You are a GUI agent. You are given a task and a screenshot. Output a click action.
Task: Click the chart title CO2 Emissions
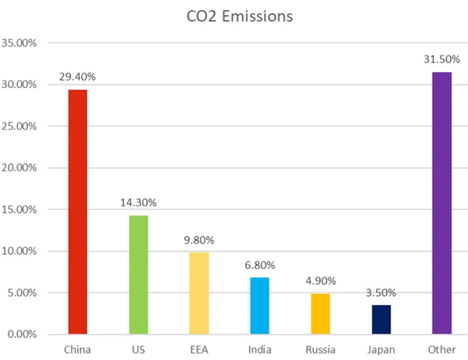240,16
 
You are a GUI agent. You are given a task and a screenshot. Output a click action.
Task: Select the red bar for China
77,211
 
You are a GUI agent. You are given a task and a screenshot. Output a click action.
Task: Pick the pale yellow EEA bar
199,293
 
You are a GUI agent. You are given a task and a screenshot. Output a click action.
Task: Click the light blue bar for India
260,305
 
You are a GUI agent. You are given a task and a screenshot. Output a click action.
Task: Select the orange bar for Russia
320,314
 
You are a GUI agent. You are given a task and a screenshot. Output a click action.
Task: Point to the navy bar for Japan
381,320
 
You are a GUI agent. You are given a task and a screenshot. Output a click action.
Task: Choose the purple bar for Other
442,203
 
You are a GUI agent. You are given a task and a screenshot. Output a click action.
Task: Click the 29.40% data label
78,78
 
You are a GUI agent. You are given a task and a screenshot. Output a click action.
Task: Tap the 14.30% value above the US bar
139,202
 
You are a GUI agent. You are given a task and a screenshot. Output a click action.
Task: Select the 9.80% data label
199,240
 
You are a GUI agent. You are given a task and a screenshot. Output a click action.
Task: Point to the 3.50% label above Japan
381,293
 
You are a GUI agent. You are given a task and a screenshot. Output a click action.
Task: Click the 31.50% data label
442,60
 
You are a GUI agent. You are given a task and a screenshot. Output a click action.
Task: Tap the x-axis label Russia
320,350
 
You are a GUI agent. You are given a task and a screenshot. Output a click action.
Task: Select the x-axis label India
260,350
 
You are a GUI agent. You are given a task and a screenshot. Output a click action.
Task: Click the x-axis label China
77,350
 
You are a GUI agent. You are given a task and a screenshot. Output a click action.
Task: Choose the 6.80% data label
260,265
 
